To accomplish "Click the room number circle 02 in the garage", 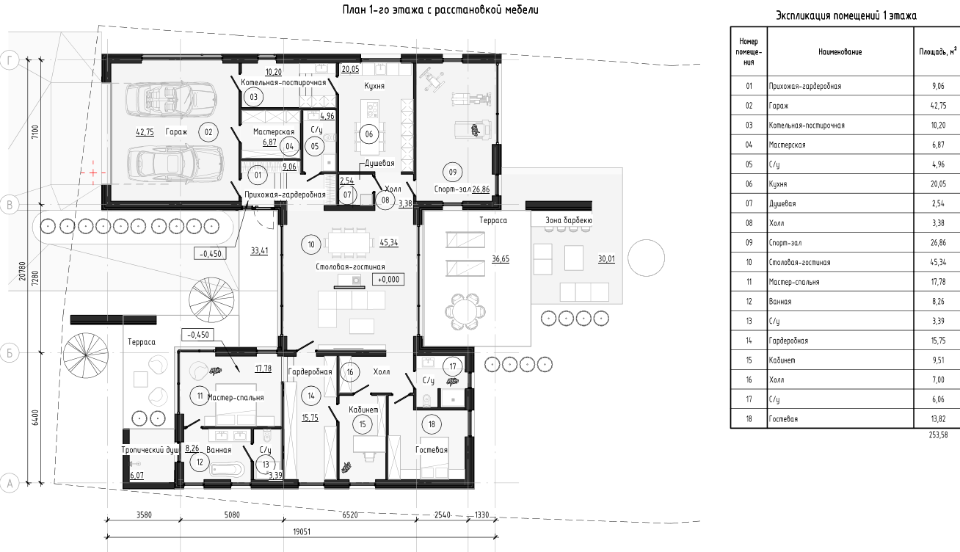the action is pyautogui.click(x=208, y=132).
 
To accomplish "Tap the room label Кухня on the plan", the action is pyautogui.click(x=374, y=86).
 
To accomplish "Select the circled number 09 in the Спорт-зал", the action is pyautogui.click(x=453, y=172).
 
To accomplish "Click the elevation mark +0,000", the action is pyautogui.click(x=388, y=280).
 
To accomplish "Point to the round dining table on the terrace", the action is pyautogui.click(x=465, y=311).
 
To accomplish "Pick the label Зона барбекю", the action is pyautogui.click(x=569, y=220).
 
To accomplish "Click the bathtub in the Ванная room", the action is pyautogui.click(x=227, y=468).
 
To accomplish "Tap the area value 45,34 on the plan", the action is pyautogui.click(x=389, y=242).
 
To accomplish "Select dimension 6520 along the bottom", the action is pyautogui.click(x=349, y=515).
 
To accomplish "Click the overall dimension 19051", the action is pyautogui.click(x=302, y=532).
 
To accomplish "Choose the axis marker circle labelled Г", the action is pyautogui.click(x=10, y=60).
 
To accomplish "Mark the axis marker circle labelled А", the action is pyautogui.click(x=10, y=484).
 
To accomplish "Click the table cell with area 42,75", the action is pyautogui.click(x=938, y=106).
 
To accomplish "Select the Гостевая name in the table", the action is pyautogui.click(x=783, y=418).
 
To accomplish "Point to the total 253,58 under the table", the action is pyautogui.click(x=939, y=435).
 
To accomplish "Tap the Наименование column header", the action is pyautogui.click(x=840, y=52).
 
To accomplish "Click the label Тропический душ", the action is pyautogui.click(x=150, y=450).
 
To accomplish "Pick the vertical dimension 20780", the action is pyautogui.click(x=22, y=272).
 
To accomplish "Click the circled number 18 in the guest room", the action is pyautogui.click(x=432, y=424).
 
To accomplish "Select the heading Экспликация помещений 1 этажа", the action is pyautogui.click(x=846, y=16).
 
